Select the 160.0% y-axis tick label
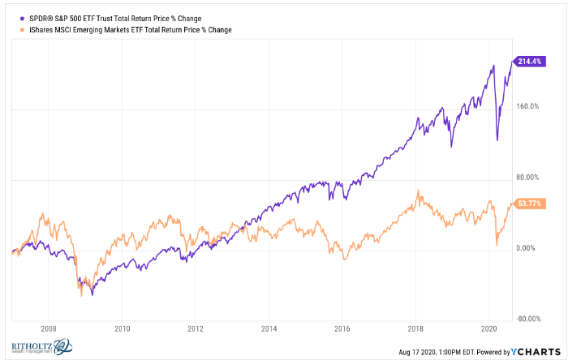[527, 106]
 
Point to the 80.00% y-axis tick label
[527, 178]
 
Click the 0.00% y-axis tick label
[528, 250]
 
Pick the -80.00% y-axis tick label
[527, 319]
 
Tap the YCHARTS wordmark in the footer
[535, 352]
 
